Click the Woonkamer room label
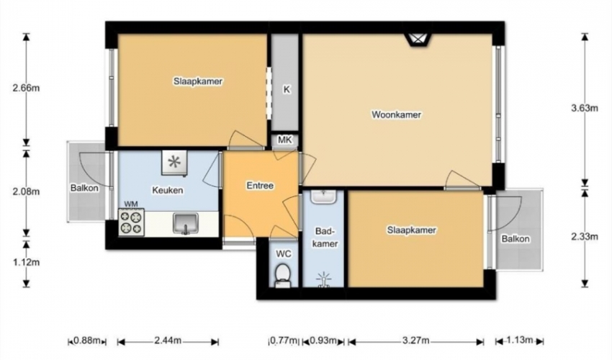click(396, 114)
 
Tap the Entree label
click(260, 186)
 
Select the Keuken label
click(168, 191)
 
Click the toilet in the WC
click(282, 276)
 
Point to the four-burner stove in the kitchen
click(132, 222)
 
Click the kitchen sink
click(186, 224)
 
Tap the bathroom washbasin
click(323, 197)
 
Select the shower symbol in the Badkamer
click(323, 280)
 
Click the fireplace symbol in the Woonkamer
click(418, 40)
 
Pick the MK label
click(285, 140)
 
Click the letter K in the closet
click(287, 89)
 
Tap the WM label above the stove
click(131, 204)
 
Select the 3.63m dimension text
click(585, 108)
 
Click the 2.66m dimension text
click(26, 88)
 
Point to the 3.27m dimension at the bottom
click(415, 341)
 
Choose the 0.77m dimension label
click(284, 341)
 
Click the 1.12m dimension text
click(26, 262)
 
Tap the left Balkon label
click(84, 188)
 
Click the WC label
click(284, 254)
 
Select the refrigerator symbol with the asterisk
click(174, 163)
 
